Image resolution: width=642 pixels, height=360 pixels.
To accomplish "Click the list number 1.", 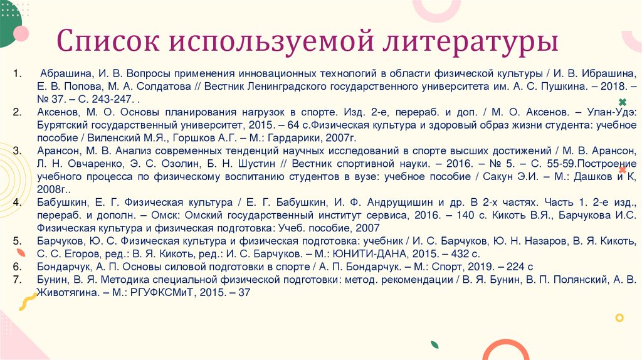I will click(x=18, y=73).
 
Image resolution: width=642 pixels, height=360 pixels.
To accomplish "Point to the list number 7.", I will click(x=18, y=279).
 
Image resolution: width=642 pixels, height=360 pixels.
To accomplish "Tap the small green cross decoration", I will click(x=622, y=102).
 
